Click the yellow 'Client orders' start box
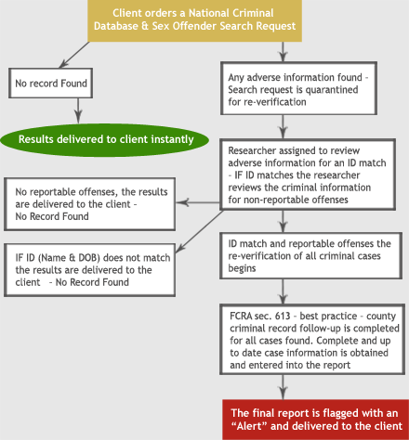(194, 20)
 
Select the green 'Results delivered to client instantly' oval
(105, 140)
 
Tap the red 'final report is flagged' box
(315, 420)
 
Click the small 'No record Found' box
(50, 84)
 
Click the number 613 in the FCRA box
(283, 316)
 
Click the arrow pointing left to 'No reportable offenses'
(198, 202)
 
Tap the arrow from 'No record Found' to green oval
(78, 111)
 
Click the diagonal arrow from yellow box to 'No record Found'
(74, 55)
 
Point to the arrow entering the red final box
(283, 387)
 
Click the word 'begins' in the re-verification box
(242, 268)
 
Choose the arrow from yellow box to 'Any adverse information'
(283, 52)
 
